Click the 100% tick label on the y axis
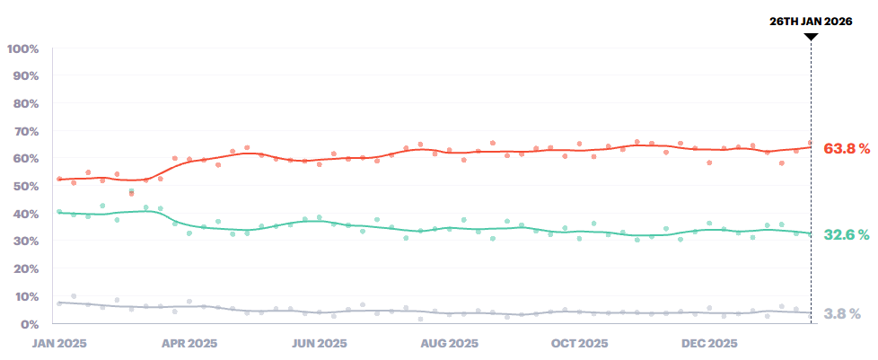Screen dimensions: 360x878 click(x=22, y=48)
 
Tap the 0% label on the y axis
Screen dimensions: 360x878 click(x=30, y=323)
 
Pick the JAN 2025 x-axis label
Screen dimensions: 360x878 click(x=59, y=343)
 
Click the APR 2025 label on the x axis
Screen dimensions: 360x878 click(x=189, y=343)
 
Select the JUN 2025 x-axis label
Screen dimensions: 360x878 click(x=320, y=343)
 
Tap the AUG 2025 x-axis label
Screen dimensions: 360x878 click(x=450, y=343)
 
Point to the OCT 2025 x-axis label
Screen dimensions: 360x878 click(x=579, y=343)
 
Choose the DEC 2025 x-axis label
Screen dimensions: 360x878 click(x=709, y=343)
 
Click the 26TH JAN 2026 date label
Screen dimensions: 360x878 click(x=811, y=20)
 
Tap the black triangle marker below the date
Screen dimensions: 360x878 click(x=811, y=37)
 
